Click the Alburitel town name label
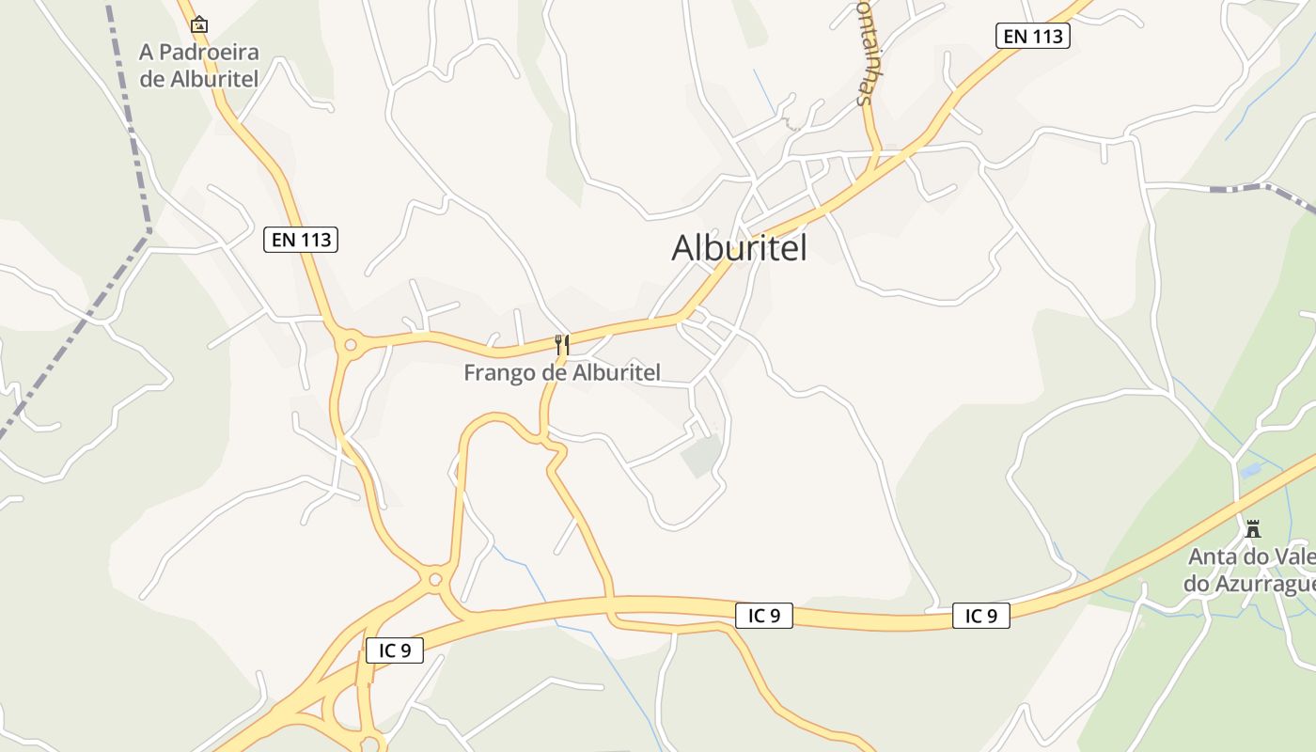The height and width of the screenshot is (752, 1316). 739,247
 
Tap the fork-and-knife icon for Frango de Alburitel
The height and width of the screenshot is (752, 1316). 562,345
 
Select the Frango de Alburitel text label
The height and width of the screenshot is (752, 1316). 562,373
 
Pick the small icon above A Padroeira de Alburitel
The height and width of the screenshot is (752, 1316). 199,25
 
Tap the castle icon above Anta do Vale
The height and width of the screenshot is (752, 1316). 1252,528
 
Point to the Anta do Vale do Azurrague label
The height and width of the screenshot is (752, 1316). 1250,571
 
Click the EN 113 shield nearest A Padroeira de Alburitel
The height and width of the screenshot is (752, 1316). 301,240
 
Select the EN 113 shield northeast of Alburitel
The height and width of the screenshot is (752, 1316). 1033,36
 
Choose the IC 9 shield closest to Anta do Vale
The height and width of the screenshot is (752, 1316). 980,616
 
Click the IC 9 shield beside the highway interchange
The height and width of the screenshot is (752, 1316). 395,650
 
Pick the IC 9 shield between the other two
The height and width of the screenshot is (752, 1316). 763,616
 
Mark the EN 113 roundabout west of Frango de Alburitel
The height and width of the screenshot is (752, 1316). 351,345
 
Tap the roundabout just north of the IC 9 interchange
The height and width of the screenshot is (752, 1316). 434,579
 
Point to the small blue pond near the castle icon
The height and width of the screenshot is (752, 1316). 1251,469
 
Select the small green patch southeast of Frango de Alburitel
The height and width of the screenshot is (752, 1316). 701,456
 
